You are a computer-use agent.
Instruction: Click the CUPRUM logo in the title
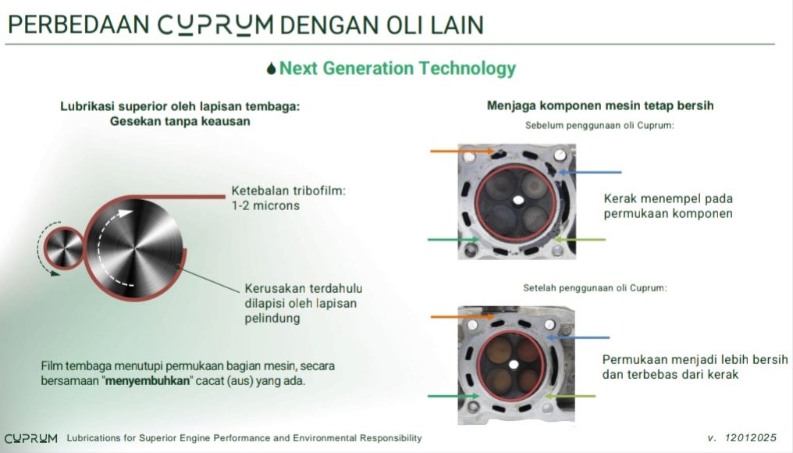pos(215,25)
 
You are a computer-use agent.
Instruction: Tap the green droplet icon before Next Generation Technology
pos(271,68)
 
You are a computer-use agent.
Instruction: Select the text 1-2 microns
pos(265,206)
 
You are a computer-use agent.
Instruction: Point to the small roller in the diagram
pos(64,248)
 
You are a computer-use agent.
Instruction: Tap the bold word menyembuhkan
pos(148,380)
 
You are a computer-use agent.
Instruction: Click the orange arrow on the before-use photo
pos(462,151)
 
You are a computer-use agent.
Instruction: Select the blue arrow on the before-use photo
pos(590,173)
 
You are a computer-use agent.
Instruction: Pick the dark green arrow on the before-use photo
pos(453,240)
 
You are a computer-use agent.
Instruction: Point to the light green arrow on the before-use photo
pos(580,240)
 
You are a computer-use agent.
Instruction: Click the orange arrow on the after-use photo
pos(462,316)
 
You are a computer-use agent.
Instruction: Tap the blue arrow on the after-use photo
pos(578,337)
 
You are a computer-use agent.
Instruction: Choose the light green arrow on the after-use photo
pos(570,396)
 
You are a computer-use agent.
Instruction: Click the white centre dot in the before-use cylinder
pos(518,201)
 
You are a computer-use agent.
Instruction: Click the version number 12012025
pos(750,438)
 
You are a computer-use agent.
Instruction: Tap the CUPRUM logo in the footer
pos(31,438)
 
